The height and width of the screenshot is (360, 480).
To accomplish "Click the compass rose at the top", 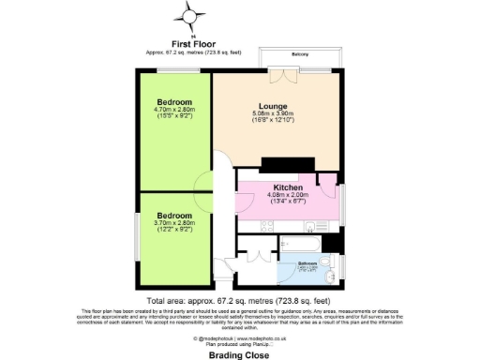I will click(x=191, y=16).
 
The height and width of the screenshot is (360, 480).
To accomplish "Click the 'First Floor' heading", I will click(x=193, y=43).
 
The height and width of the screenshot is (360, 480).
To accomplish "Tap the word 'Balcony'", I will click(x=300, y=54).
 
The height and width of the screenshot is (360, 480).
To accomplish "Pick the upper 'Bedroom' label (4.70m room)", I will click(x=174, y=101).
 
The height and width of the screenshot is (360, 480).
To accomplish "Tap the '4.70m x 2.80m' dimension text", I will click(x=174, y=110).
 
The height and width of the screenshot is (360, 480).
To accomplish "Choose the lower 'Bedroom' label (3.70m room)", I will click(x=174, y=214).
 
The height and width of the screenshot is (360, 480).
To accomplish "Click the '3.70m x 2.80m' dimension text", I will click(x=174, y=222).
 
